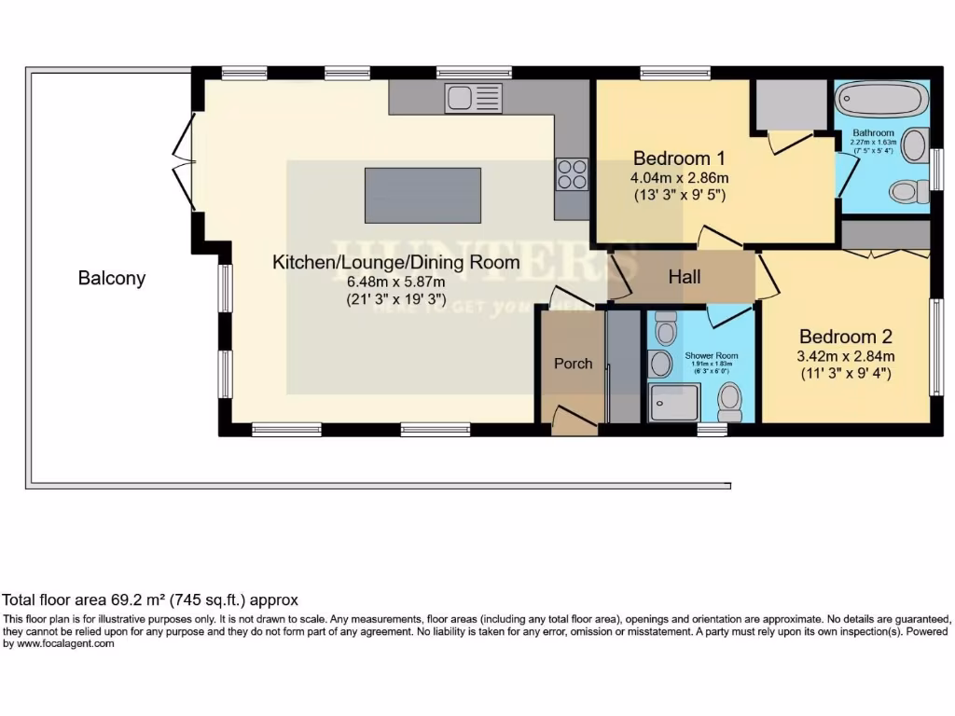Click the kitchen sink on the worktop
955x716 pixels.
tap(474, 98)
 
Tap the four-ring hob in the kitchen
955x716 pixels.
tap(573, 174)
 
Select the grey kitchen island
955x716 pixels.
tap(422, 196)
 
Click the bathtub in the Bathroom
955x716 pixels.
tap(880, 98)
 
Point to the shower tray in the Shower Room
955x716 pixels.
tap(673, 402)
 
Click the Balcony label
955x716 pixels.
tap(112, 278)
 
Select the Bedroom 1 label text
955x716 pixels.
tap(679, 157)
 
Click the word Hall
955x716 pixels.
tap(685, 277)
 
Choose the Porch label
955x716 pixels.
tap(573, 364)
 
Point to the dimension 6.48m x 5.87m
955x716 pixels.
tap(395, 282)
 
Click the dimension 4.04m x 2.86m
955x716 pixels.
tap(679, 177)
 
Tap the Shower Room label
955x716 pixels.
tap(712, 356)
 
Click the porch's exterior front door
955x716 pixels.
tap(573, 420)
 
